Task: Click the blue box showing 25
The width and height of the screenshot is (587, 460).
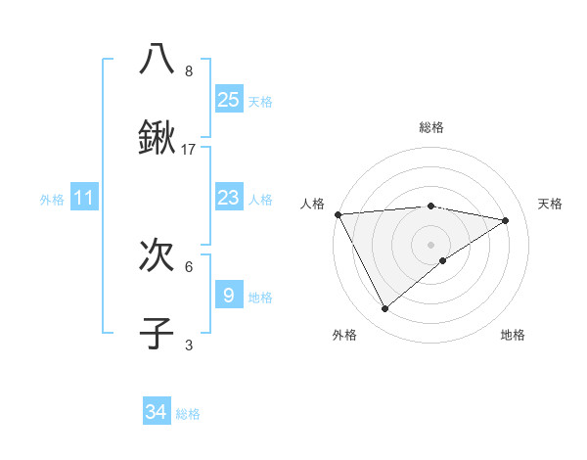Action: point(228,100)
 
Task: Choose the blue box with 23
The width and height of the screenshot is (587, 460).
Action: point(228,198)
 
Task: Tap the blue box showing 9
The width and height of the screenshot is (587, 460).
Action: point(228,295)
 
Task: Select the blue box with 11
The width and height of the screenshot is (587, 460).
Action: point(84,198)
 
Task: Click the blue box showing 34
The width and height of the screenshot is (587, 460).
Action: point(157,412)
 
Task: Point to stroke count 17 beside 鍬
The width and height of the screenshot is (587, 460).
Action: point(189,150)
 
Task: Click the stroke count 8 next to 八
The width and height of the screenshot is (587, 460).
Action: point(189,71)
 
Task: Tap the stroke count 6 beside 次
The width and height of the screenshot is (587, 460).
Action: point(189,266)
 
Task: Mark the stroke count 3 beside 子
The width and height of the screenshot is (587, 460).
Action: point(189,345)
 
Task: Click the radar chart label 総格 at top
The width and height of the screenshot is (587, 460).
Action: point(431,128)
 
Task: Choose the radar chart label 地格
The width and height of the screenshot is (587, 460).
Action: point(513,335)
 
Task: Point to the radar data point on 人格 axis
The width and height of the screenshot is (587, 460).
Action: point(338,214)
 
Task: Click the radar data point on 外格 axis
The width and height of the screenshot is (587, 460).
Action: point(384,309)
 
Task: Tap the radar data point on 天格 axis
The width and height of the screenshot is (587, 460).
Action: point(506,220)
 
